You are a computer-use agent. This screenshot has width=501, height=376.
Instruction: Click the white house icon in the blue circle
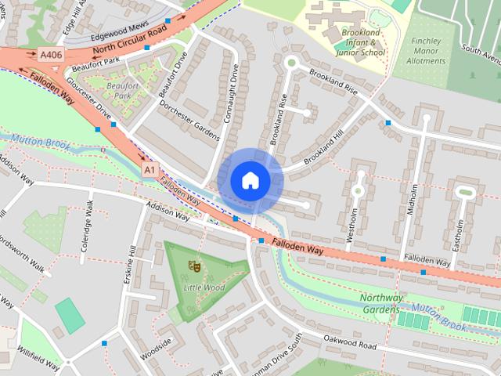pos(250,180)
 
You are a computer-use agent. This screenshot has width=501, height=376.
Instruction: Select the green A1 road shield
pos(150,169)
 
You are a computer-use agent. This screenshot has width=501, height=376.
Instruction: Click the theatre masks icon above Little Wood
pos(193,267)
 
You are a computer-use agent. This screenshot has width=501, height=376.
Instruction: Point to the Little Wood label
pos(204,287)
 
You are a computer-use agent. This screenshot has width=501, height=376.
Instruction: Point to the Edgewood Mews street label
pos(119,36)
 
